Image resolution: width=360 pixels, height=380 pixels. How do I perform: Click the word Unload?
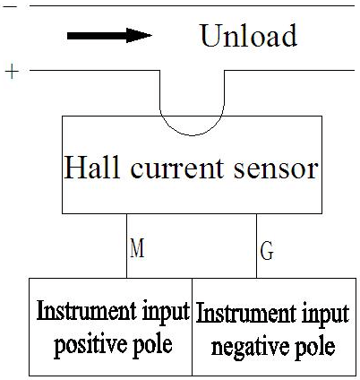click(x=249, y=35)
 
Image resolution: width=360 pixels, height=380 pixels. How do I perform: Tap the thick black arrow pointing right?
click(x=109, y=36)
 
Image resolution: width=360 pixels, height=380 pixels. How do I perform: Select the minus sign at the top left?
click(x=12, y=5)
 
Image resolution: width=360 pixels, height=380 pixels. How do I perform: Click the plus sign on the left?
click(x=12, y=72)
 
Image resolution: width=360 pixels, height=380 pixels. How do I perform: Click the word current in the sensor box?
click(x=176, y=168)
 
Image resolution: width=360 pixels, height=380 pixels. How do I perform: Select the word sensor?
click(x=276, y=169)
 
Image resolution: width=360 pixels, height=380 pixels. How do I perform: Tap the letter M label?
click(x=137, y=247)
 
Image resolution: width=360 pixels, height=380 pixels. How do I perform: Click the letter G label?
click(x=267, y=250)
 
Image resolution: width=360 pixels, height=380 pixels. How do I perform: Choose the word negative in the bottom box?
click(x=251, y=347)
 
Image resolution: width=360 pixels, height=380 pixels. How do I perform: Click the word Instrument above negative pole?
click(x=244, y=313)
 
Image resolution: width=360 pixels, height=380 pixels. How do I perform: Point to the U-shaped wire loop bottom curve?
click(x=192, y=135)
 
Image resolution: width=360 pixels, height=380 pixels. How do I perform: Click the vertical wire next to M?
click(x=127, y=246)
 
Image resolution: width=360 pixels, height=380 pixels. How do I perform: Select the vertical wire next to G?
click(x=256, y=246)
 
